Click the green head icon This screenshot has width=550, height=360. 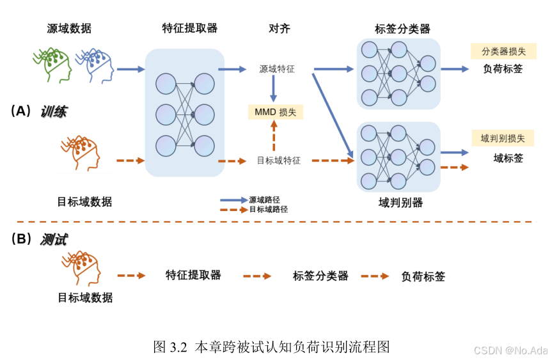pyautogui.click(x=52, y=63)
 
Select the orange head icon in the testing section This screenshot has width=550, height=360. pyautogui.click(x=81, y=268)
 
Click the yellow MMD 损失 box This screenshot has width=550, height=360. pyautogui.click(x=275, y=112)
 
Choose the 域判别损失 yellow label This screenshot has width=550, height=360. pyautogui.click(x=502, y=138)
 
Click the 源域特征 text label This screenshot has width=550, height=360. pyautogui.click(x=277, y=68)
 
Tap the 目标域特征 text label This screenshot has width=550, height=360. pyautogui.click(x=279, y=160)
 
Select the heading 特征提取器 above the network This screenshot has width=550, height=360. pyautogui.click(x=190, y=28)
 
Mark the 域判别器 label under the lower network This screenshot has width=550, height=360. pyautogui.click(x=400, y=203)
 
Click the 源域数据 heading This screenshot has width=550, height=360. pyautogui.click(x=69, y=28)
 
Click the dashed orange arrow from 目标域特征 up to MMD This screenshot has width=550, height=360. pyautogui.click(x=274, y=137)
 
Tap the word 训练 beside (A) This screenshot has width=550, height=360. pyautogui.click(x=54, y=112)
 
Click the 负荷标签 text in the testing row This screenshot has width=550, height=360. pyautogui.click(x=423, y=277)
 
